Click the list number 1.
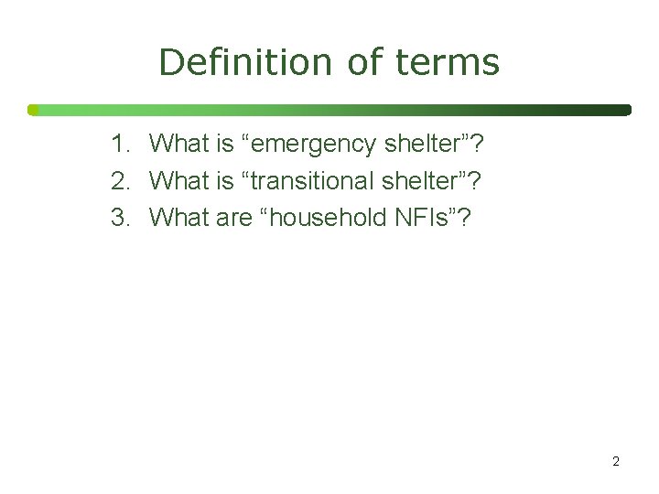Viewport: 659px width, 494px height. [122, 144]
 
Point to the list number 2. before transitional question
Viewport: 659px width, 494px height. [122, 180]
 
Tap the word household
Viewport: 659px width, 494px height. [322, 218]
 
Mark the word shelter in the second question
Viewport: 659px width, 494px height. [427, 180]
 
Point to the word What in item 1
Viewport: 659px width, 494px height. [179, 144]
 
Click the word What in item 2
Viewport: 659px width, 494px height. [179, 180]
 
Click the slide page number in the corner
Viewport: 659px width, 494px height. [615, 461]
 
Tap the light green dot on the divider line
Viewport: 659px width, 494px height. [33, 110]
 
